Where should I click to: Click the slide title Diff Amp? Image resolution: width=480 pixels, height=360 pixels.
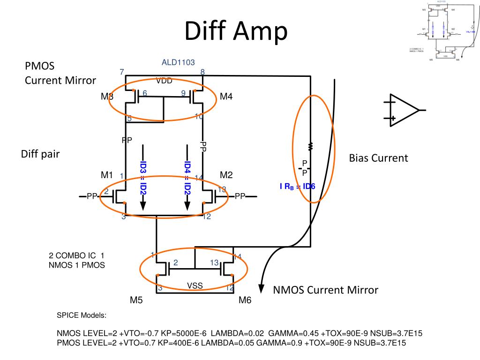(235, 31)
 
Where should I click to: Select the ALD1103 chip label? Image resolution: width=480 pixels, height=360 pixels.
(178, 62)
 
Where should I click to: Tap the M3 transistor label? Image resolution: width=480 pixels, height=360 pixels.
(107, 97)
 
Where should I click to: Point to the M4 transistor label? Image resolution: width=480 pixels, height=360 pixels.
(226, 97)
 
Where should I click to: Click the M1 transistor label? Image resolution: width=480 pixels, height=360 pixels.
(107, 175)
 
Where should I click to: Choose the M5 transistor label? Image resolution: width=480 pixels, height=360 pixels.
(136, 300)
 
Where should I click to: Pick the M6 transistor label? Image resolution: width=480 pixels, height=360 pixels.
(245, 300)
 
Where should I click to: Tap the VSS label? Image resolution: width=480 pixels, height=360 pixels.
(195, 285)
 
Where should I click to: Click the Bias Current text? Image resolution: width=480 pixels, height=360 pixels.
(378, 158)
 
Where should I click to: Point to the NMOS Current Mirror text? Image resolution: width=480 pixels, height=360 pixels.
(325, 290)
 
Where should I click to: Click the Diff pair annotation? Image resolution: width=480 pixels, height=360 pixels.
(40, 154)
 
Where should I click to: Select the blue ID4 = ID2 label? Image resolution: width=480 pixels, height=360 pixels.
(187, 179)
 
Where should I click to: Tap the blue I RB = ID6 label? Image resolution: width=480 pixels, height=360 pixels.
(297, 187)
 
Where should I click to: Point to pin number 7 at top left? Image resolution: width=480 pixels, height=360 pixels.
(122, 72)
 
